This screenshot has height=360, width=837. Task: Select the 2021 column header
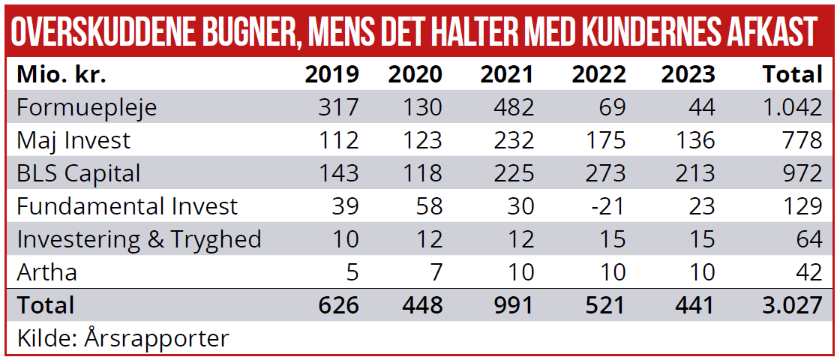507,75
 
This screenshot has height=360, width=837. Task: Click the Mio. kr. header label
61,75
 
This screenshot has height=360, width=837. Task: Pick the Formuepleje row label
87,107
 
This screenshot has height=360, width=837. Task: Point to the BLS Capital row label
79,173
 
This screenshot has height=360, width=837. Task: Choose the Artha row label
46,271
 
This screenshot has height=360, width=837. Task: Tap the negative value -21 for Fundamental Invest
606,206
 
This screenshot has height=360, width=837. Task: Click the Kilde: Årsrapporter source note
122,338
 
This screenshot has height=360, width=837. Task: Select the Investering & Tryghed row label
139,239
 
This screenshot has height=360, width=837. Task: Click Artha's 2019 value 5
351,271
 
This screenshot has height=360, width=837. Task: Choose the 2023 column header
688,75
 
